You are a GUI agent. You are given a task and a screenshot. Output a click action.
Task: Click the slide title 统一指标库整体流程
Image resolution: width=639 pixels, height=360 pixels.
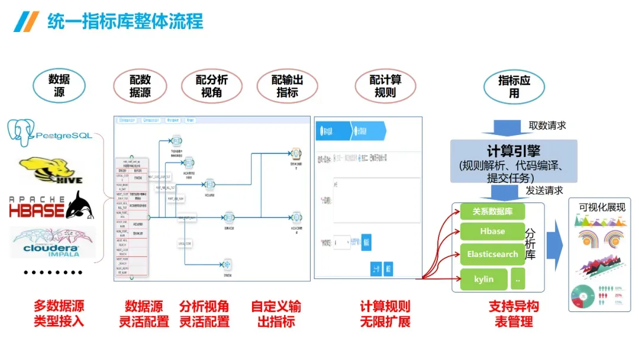coord(125,22)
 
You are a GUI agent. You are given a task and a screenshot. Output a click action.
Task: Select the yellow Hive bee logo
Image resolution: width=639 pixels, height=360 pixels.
coord(50,170)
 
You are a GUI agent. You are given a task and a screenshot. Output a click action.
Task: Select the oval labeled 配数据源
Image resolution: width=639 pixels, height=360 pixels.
coord(140,86)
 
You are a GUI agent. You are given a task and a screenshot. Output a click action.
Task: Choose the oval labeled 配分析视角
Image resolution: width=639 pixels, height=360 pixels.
coord(212,86)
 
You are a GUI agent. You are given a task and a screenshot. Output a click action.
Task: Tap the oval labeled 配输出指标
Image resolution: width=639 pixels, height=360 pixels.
coord(287,86)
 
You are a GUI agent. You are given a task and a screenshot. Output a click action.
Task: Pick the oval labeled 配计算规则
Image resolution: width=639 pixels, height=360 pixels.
coord(385,86)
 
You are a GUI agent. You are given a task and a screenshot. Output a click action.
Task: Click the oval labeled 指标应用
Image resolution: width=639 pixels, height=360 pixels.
coord(514,86)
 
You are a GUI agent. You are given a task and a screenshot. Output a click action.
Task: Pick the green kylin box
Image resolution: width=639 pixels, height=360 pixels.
coord(484,279)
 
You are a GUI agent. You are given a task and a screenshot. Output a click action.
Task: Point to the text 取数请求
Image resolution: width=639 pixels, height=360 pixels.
coord(547,126)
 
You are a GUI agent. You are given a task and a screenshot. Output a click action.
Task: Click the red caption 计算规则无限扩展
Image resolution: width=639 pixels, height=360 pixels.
coord(385,314)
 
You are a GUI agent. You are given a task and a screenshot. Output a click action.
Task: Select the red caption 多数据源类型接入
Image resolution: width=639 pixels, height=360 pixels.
coord(59,314)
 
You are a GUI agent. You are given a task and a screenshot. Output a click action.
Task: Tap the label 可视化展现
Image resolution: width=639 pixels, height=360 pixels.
coord(602,207)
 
